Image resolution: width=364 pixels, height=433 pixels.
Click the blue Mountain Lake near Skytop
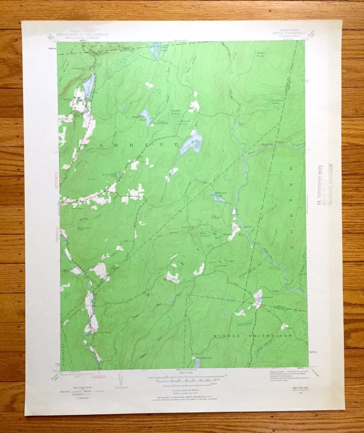click(89, 82)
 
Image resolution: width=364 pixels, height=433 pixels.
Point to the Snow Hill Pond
click(146, 116)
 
